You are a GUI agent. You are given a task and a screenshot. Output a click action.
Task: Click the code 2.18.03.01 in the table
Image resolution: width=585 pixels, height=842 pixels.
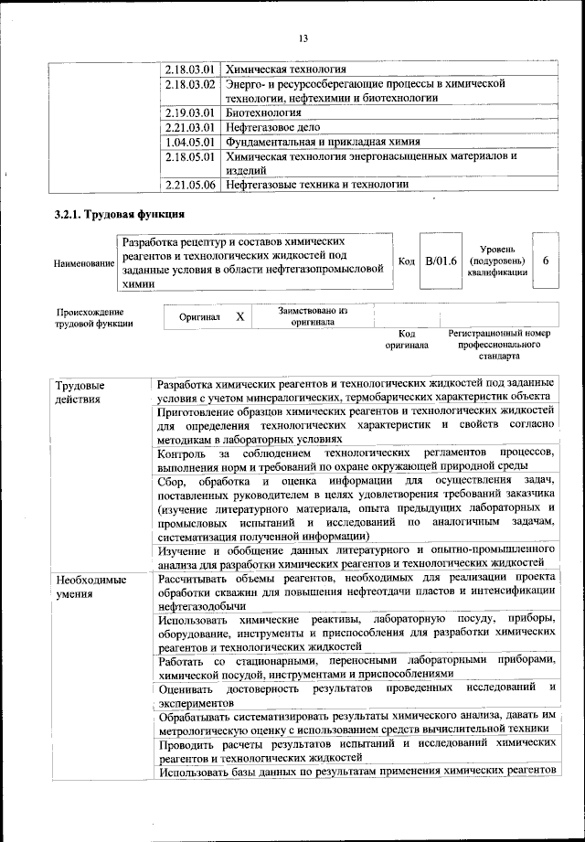pyautogui.click(x=191, y=69)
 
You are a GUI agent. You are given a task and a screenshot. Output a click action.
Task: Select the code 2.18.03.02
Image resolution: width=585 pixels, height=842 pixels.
pyautogui.click(x=191, y=84)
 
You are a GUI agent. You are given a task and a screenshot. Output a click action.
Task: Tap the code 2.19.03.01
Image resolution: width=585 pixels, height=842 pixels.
pyautogui.click(x=191, y=113)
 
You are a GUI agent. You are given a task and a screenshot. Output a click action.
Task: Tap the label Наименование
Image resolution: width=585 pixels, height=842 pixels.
pyautogui.click(x=84, y=263)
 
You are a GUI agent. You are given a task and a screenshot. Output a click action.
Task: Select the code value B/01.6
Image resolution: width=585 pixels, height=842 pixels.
pyautogui.click(x=441, y=261)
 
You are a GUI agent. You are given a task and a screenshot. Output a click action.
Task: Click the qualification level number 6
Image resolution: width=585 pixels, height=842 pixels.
pyautogui.click(x=546, y=261)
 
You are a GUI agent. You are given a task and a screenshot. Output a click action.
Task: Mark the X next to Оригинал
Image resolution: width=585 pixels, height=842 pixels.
pyautogui.click(x=239, y=316)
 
